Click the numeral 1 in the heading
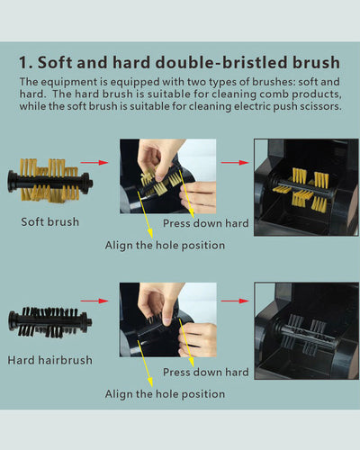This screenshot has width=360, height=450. point(24,63)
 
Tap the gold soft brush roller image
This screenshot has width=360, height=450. point(49,178)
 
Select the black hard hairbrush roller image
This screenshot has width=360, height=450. point(49,320)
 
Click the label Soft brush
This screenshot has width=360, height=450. point(49,221)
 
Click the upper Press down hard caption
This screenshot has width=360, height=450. point(205,223)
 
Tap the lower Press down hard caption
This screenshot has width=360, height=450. point(205,372)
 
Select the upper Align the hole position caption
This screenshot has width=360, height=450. point(165,245)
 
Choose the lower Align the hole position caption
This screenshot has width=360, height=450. point(165,394)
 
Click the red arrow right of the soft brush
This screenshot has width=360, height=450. point(92,163)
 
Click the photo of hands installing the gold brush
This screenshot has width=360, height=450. point(168,175)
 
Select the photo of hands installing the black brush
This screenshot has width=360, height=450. point(168,319)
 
